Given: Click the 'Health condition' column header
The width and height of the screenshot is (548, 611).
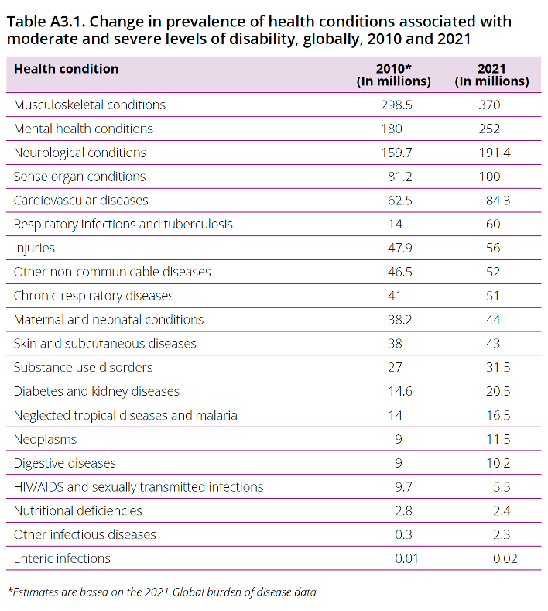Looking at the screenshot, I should tap(66, 69).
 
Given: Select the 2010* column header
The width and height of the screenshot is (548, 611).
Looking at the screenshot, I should tap(393, 74).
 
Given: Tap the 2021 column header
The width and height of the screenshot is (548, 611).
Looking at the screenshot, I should tap(491, 74).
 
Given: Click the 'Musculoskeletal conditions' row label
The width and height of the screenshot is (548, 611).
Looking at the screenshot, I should tap(89, 105).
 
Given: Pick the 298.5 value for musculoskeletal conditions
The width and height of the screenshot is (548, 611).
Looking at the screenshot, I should tap(394, 105).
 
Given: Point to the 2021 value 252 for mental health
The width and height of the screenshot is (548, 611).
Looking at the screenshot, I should tap(489, 129).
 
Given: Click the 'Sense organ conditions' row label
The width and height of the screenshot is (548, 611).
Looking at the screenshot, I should tap(79, 177).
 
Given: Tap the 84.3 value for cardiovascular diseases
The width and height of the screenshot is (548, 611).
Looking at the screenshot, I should tap(494, 201).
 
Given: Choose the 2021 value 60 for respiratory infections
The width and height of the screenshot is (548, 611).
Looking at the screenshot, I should tap(493, 225).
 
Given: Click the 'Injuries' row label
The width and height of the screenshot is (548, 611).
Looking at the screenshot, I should tap(34, 249).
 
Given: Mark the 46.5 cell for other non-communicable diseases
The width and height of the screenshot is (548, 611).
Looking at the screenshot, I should tap(394, 273).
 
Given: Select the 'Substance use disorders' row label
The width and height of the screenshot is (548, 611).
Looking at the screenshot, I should tap(83, 367).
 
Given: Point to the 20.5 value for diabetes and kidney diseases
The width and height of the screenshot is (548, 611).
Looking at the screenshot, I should tap(494, 391).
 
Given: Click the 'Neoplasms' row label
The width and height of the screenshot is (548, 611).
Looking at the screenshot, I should tap(45, 439).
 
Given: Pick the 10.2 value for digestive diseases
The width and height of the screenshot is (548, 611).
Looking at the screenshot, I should tap(494, 463).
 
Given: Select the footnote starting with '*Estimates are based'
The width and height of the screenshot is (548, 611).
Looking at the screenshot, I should tap(162, 592).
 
